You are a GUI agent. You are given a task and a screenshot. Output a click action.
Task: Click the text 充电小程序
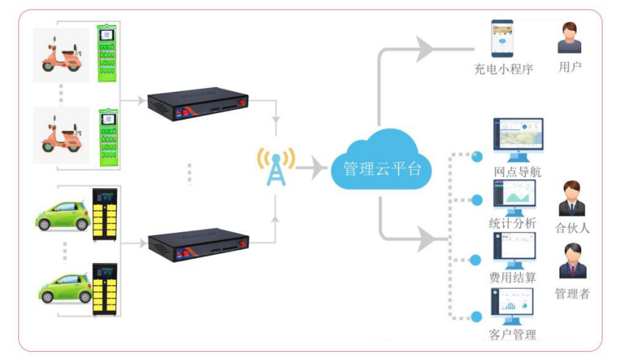[x=503, y=70]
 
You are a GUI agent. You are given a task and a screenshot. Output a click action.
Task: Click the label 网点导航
[x=518, y=173]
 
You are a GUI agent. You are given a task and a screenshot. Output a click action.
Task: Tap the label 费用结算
[x=513, y=278]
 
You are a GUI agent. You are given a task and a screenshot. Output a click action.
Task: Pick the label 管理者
[x=572, y=294]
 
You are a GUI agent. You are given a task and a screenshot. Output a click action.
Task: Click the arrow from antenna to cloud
[x=311, y=168]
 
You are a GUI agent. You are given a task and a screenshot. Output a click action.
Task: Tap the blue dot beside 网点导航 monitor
[x=477, y=156]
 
